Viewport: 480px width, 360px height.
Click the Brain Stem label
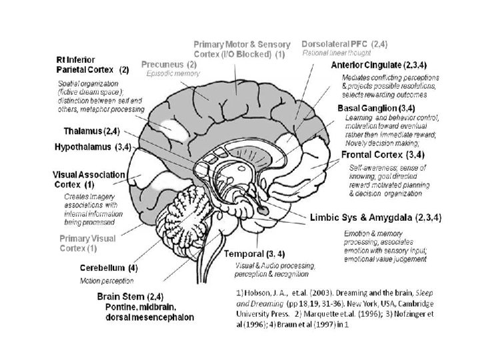click(x=130, y=296)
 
